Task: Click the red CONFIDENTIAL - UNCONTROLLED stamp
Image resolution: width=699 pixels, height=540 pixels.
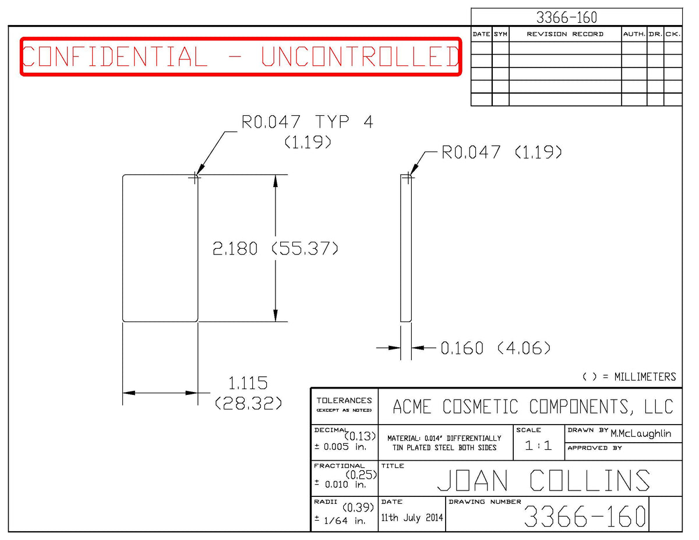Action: [241, 57]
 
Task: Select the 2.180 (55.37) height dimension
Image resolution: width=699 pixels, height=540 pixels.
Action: [276, 248]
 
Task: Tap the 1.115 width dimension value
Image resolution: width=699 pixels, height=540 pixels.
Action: [248, 383]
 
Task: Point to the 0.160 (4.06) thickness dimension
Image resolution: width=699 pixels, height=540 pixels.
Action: [495, 348]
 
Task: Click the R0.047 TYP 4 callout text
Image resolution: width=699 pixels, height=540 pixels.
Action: [307, 122]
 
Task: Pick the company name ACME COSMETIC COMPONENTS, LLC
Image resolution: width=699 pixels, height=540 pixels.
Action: [533, 407]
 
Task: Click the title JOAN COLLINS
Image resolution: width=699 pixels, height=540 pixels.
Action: [543, 480]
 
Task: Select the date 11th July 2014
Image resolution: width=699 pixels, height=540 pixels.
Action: [412, 518]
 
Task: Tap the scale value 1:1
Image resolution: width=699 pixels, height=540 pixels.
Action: [538, 446]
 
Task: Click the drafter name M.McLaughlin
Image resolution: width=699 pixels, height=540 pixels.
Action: [641, 434]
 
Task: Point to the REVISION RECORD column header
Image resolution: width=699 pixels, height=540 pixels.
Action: [565, 34]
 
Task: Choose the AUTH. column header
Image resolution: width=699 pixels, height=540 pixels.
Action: [634, 34]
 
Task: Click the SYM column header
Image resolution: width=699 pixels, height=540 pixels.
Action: [500, 34]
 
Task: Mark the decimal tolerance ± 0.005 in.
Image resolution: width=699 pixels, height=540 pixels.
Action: [340, 447]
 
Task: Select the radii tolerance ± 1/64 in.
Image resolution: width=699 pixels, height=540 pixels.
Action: [340, 520]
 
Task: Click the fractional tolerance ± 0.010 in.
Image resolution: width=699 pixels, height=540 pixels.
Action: [340, 484]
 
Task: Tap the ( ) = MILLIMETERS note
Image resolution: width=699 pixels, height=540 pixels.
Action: [629, 377]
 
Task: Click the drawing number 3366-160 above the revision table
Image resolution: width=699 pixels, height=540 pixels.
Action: [567, 17]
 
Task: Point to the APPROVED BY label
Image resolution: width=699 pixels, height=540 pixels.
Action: [595, 448]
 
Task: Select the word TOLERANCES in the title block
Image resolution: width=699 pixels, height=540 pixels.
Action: [344, 400]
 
